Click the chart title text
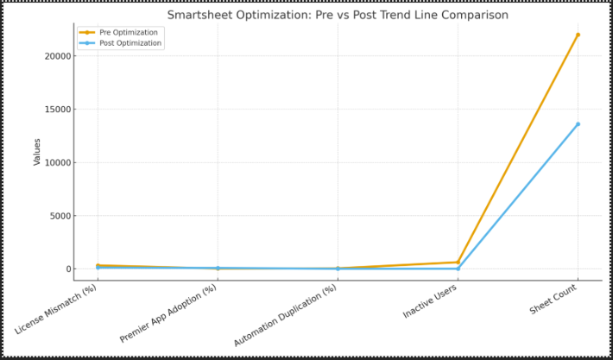pyautogui.click(x=337, y=15)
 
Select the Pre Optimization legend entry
pyautogui.click(x=130, y=32)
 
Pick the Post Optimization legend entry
pyautogui.click(x=130, y=43)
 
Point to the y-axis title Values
pyautogui.click(x=37, y=151)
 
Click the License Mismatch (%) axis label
pyautogui.click(x=57, y=309)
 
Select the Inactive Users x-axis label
pyautogui.click(x=431, y=301)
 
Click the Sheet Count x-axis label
pyautogui.click(x=553, y=300)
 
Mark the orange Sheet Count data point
pyautogui.click(x=578, y=35)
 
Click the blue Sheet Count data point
pyautogui.click(x=578, y=124)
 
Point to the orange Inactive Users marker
pyautogui.click(x=458, y=262)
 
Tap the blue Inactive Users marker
pyautogui.click(x=458, y=268)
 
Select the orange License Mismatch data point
pyautogui.click(x=98, y=265)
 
